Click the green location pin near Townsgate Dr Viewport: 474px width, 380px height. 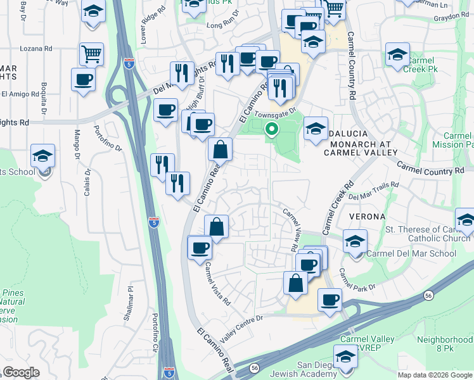pyautogui.click(x=272, y=130)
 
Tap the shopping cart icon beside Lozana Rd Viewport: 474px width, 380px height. pyautogui.click(x=92, y=54)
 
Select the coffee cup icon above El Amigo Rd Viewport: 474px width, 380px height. pyautogui.click(x=84, y=80)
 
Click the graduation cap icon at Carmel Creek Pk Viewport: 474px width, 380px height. pyautogui.click(x=397, y=54)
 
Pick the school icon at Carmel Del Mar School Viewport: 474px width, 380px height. pyautogui.click(x=355, y=241)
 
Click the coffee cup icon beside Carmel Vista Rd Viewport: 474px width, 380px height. pyautogui.click(x=200, y=247)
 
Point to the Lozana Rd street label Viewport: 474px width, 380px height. pyautogui.click(x=35, y=48)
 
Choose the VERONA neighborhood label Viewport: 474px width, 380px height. pyautogui.click(x=366, y=217)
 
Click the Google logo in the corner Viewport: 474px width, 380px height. pyautogui.click(x=21, y=372)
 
